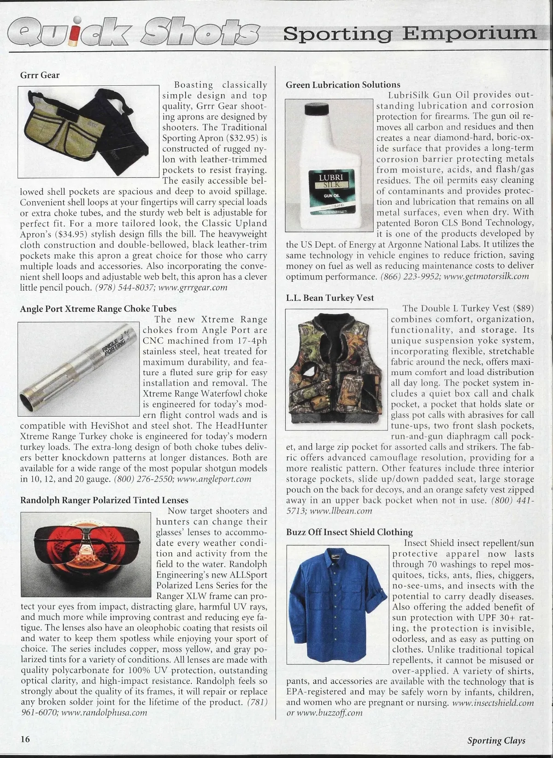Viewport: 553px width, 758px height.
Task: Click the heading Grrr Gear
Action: tap(40, 75)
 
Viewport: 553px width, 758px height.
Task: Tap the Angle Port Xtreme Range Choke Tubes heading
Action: tap(98, 309)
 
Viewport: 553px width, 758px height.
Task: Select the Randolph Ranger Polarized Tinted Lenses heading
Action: tap(104, 500)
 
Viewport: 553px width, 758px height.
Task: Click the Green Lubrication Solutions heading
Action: tap(343, 84)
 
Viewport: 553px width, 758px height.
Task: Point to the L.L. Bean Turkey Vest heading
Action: tap(329, 298)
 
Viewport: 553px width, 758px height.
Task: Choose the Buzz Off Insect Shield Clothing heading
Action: tap(349, 532)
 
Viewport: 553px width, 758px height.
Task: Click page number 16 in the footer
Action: tap(25, 739)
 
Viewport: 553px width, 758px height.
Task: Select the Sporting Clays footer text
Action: tap(496, 740)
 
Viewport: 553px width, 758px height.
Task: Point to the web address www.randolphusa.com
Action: tap(104, 712)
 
